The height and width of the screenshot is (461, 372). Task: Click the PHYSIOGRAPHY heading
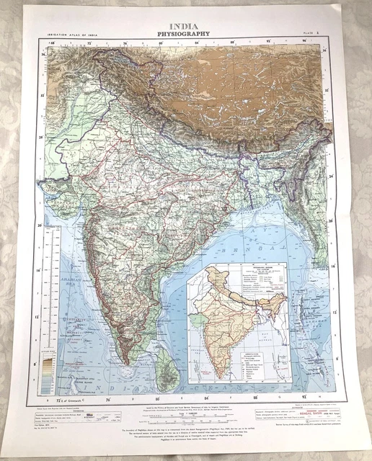[186, 33]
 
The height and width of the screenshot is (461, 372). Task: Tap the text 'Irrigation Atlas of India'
[70, 35]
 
